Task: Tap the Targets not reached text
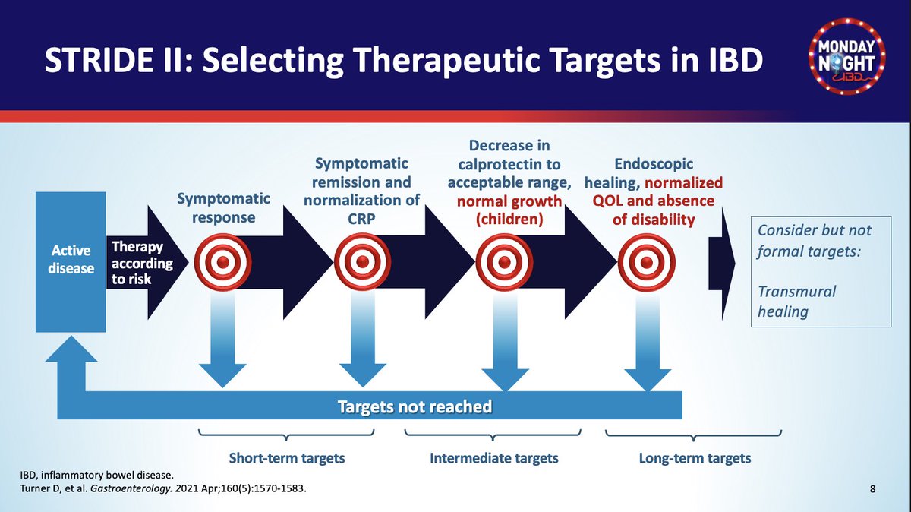pos(415,406)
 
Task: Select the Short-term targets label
pos(287,458)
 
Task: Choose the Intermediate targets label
pos(494,458)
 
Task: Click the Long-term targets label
pos(695,458)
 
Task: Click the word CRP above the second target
pos(362,219)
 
